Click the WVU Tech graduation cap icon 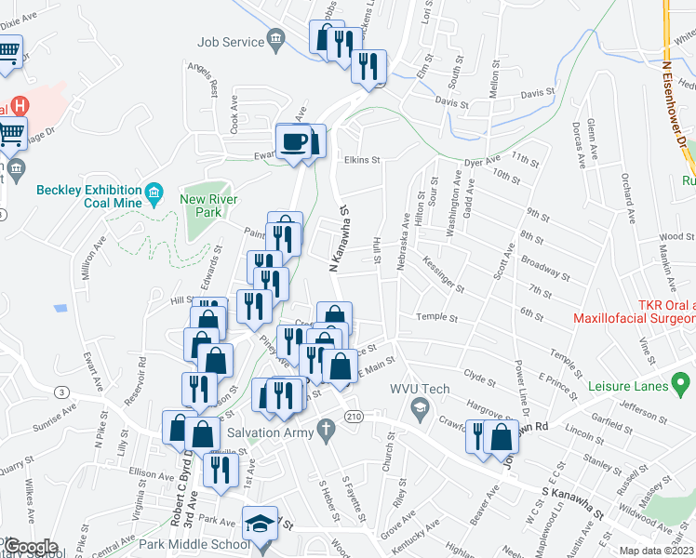(x=421, y=407)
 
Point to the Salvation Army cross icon (x=325, y=430)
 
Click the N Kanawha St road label (x=338, y=240)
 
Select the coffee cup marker (x=295, y=140)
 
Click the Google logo (x=32, y=547)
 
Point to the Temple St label (x=436, y=318)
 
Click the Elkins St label (x=363, y=160)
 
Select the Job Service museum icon (x=276, y=38)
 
